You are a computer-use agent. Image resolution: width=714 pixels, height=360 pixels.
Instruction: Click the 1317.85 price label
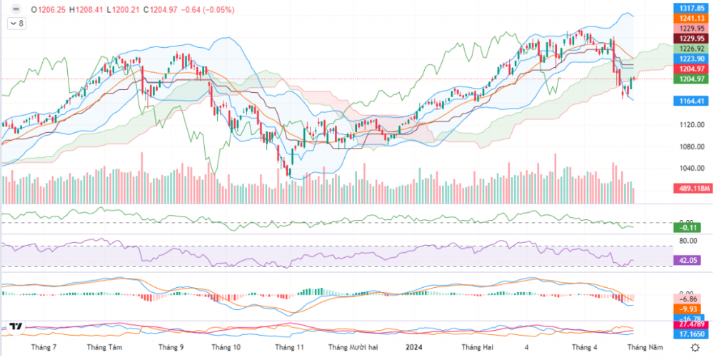tap(692, 7)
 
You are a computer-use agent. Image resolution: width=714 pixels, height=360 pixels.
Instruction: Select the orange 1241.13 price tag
tap(692, 19)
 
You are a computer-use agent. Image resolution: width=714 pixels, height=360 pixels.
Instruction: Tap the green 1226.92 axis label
tap(692, 49)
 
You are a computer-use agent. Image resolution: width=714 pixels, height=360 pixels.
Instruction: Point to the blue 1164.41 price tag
tap(692, 101)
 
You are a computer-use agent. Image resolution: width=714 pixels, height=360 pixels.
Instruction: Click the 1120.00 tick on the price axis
tap(689, 125)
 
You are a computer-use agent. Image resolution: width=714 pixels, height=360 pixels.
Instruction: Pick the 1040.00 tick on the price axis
tap(689, 169)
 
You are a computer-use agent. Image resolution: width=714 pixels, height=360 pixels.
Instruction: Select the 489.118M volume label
tap(692, 189)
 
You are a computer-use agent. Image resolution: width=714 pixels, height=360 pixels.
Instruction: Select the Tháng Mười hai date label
tap(351, 347)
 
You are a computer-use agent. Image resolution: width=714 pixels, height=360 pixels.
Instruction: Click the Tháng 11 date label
tap(290, 347)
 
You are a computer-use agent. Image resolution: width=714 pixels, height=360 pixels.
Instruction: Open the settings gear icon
tap(696, 347)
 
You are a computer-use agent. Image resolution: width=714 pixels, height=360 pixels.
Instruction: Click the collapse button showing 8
tap(16, 24)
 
